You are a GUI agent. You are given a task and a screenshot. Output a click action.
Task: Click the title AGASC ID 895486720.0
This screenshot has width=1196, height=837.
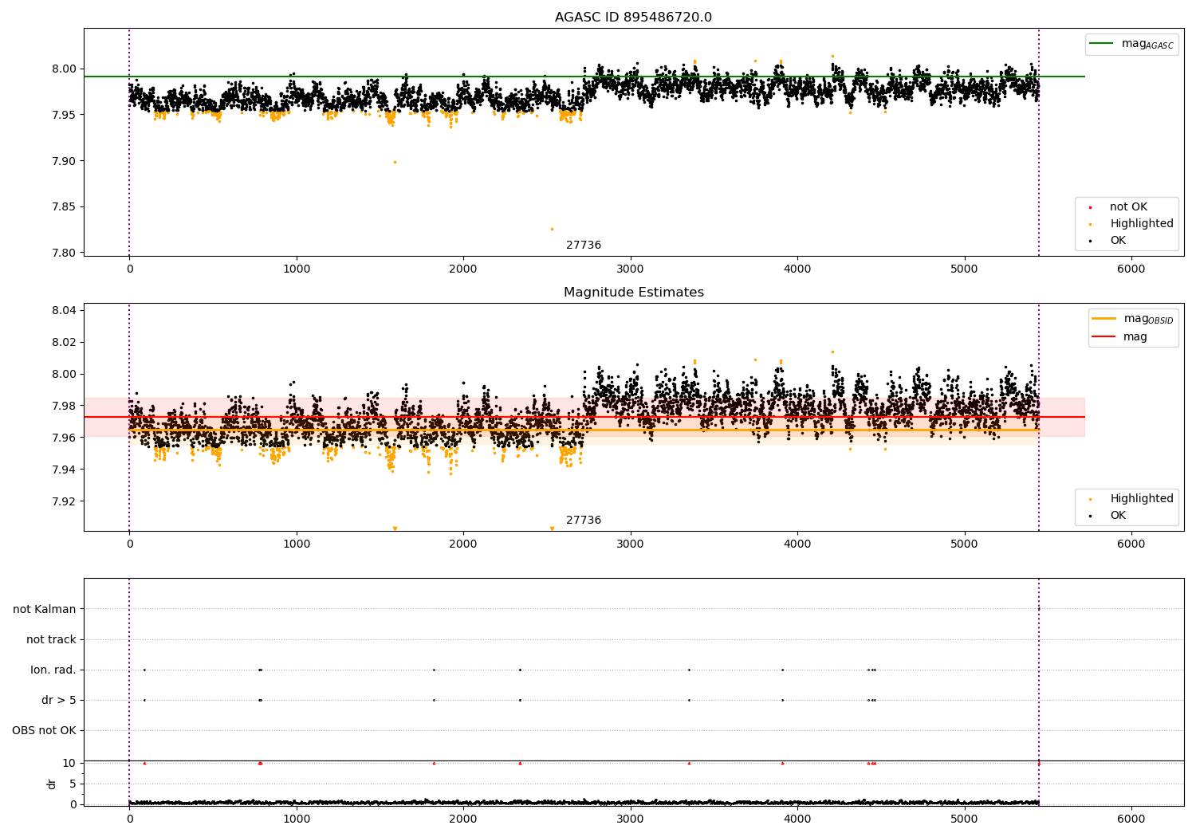(x=633, y=18)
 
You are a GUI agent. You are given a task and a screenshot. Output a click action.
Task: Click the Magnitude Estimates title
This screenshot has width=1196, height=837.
(x=633, y=293)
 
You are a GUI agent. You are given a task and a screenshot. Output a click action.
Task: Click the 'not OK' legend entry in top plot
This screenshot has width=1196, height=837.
(x=1127, y=207)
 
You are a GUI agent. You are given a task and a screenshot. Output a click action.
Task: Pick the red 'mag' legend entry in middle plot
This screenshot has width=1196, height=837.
(x=1135, y=336)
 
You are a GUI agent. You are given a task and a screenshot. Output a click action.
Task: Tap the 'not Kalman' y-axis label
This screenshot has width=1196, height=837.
(x=45, y=609)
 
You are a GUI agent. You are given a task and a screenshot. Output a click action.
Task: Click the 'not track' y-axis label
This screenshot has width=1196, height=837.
(x=51, y=639)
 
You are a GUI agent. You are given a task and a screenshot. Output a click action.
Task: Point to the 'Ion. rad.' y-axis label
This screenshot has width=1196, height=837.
(x=53, y=670)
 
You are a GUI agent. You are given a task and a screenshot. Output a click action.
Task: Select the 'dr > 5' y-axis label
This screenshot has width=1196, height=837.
(x=58, y=700)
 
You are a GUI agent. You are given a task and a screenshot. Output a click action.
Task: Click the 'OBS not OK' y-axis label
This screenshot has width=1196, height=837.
(x=44, y=730)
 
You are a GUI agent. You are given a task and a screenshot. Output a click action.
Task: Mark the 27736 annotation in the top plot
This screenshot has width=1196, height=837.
(x=584, y=246)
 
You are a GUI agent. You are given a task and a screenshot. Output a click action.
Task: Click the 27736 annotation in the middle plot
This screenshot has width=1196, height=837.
(x=584, y=521)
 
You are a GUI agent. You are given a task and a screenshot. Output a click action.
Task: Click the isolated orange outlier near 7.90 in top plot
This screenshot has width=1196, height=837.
(x=394, y=162)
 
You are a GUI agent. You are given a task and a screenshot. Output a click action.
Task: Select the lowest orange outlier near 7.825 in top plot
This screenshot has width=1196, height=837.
(x=551, y=229)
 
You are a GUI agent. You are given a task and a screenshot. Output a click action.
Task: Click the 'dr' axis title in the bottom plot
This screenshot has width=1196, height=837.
(x=52, y=784)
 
